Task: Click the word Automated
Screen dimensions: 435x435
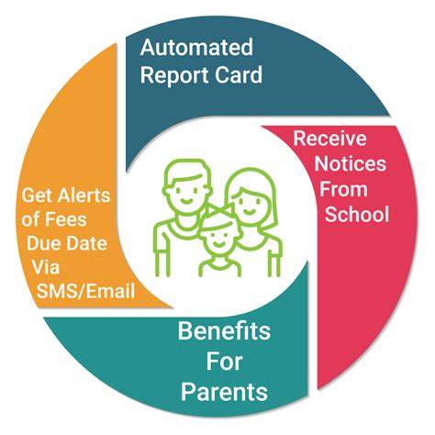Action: pyautogui.click(x=195, y=46)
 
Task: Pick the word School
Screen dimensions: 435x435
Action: pyautogui.click(x=357, y=215)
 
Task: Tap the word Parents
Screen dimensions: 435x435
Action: pyautogui.click(x=224, y=393)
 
